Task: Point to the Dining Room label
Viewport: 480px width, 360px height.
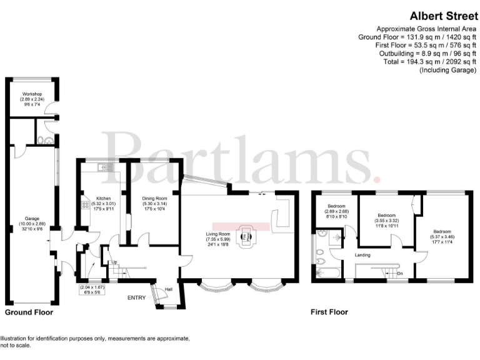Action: pyautogui.click(x=153, y=198)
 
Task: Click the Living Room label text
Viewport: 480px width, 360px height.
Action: pyautogui.click(x=219, y=234)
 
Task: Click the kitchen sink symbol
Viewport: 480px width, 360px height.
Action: pyautogui.click(x=104, y=167)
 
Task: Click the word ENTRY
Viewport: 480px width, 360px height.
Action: pyautogui.click(x=136, y=298)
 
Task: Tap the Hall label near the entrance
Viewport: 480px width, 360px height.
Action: pyautogui.click(x=168, y=289)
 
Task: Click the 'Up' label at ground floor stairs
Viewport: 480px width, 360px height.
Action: pyautogui.click(x=113, y=262)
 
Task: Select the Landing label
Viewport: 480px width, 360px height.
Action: pyautogui.click(x=362, y=255)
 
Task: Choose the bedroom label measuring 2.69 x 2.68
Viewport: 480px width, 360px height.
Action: pyautogui.click(x=337, y=211)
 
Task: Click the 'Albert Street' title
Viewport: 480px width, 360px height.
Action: pyautogui.click(x=435, y=16)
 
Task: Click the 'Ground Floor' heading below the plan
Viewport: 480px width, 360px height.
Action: pyautogui.click(x=29, y=312)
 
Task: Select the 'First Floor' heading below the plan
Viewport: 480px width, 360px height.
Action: pyautogui.click(x=329, y=312)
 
